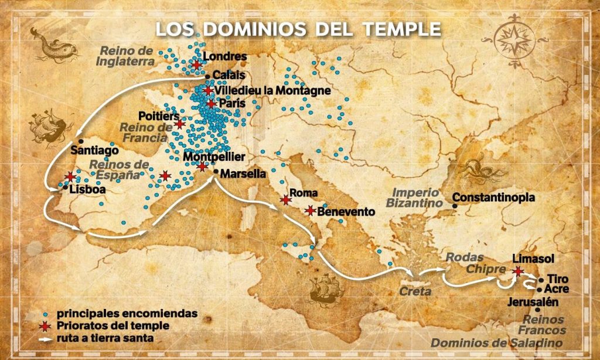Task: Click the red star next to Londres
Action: [x=197, y=63]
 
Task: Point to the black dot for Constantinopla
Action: [x=455, y=205]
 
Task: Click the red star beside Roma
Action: [x=285, y=200]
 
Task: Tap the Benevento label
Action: [x=346, y=212]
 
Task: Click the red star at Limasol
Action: [x=517, y=271]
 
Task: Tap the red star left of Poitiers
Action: [x=180, y=124]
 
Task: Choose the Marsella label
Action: [x=243, y=174]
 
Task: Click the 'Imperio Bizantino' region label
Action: [x=414, y=198]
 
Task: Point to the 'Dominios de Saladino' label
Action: [x=498, y=343]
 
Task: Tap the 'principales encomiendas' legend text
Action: [x=127, y=314]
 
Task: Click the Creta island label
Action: [x=415, y=291]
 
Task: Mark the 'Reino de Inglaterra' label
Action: [x=128, y=55]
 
